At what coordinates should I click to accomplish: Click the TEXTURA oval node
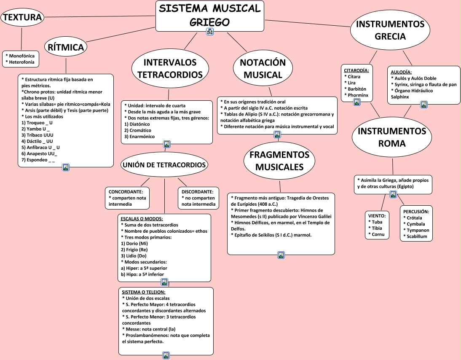point(22,17)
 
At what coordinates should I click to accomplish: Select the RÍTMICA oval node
point(66,47)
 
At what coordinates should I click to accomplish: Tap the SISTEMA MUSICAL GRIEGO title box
point(209,16)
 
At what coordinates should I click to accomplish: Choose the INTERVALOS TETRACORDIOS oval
point(170,69)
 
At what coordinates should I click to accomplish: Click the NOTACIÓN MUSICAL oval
point(263,69)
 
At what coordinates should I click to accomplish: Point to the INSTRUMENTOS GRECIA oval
point(390,30)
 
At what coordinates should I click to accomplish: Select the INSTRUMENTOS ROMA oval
point(391,137)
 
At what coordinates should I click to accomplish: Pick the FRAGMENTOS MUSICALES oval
point(279,161)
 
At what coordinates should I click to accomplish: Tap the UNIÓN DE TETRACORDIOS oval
point(164,165)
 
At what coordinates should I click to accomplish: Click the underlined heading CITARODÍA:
point(356,70)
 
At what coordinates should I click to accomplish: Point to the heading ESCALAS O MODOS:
point(142,218)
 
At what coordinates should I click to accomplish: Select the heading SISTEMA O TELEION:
point(143,292)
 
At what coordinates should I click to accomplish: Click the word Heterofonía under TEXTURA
point(22,62)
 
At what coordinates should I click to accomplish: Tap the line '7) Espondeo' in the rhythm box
point(38,160)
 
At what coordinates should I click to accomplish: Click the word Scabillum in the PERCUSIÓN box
point(417,236)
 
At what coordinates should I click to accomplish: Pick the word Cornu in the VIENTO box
point(378,234)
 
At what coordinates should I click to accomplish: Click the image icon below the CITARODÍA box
point(356,102)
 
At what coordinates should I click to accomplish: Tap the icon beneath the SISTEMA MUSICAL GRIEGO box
point(209,32)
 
